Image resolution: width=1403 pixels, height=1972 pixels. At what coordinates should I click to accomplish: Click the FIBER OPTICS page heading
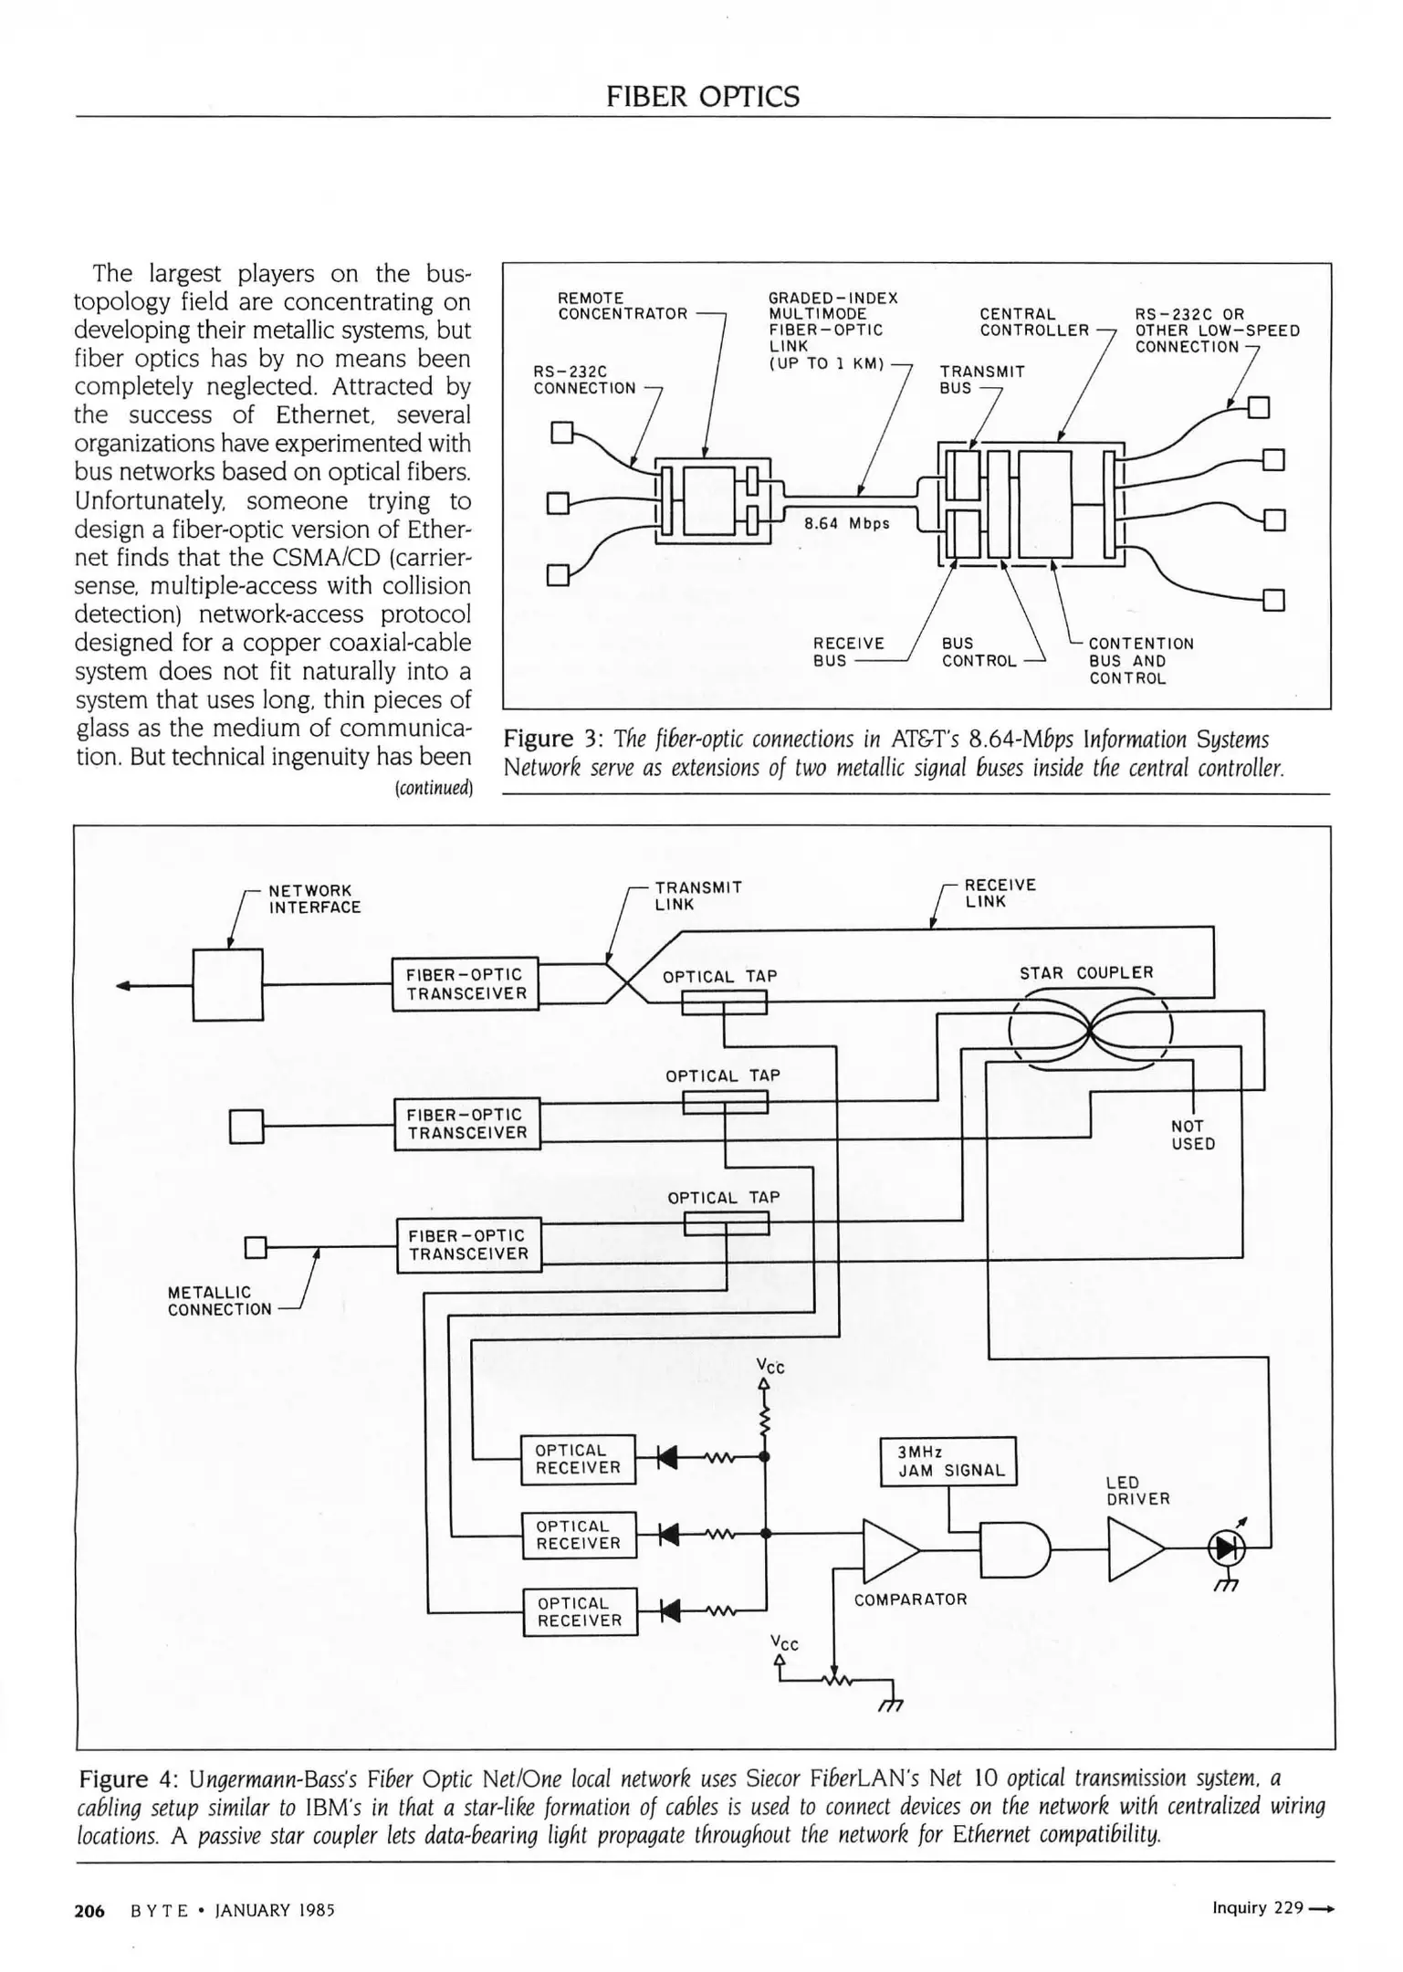click(702, 97)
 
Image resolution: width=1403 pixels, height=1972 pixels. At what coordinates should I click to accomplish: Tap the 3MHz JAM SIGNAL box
click(948, 1462)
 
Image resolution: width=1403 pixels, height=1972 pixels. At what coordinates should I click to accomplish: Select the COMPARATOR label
click(910, 1600)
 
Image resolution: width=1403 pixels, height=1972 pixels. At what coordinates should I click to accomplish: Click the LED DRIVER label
click(1137, 1491)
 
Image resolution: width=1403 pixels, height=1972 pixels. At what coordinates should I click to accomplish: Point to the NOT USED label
click(1192, 1135)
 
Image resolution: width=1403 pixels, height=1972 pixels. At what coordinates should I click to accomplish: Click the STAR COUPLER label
click(1086, 973)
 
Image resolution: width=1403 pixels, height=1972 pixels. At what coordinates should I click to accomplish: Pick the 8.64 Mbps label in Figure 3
click(846, 523)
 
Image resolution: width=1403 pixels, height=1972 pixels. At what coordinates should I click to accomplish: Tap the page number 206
click(89, 1911)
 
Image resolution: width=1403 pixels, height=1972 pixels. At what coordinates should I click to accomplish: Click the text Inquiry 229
click(1258, 1908)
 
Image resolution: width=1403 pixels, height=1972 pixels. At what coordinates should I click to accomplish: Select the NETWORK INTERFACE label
click(314, 898)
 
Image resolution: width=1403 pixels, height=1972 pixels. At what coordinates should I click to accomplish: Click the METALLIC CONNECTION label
click(219, 1301)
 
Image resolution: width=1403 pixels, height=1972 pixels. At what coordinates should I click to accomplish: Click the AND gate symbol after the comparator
click(1014, 1549)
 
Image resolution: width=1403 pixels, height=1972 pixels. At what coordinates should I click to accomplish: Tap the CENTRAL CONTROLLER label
click(1034, 322)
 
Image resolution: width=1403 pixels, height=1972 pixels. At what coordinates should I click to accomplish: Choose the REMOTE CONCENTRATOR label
click(623, 306)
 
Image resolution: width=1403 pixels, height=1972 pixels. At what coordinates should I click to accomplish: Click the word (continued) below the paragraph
click(433, 787)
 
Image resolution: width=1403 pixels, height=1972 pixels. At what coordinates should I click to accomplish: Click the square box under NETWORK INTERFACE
click(227, 984)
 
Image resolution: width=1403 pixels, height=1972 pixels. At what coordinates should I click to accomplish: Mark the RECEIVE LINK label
click(1000, 893)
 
